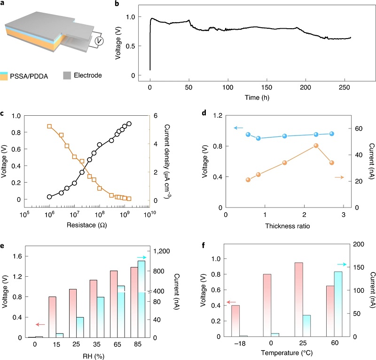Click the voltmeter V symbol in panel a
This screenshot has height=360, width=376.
99,42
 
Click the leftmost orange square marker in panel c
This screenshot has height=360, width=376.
49,126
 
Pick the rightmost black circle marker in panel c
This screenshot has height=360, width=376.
129,124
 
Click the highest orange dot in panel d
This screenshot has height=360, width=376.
316,146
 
